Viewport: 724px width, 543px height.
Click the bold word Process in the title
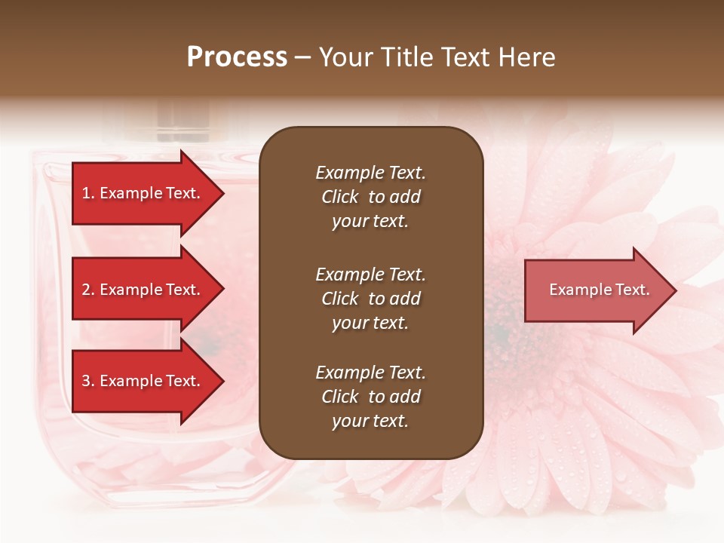pyautogui.click(x=237, y=57)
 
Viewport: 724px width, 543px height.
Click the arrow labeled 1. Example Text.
pyautogui.click(x=143, y=193)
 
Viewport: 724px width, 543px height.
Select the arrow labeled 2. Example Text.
pyautogui.click(x=143, y=290)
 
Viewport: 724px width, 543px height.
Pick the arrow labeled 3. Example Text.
pyautogui.click(x=143, y=381)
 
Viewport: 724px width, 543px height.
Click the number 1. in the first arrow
pyautogui.click(x=88, y=193)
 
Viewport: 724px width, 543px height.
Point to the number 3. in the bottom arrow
pyautogui.click(x=88, y=381)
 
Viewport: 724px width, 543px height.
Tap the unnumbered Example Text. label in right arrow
pyautogui.click(x=600, y=290)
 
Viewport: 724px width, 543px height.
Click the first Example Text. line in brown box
pyautogui.click(x=370, y=173)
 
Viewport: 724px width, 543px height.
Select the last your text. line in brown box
pyautogui.click(x=370, y=422)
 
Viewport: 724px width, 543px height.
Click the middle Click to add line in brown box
pyautogui.click(x=370, y=299)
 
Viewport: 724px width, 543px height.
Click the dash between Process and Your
pyautogui.click(x=302, y=58)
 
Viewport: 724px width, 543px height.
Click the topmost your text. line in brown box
pyautogui.click(x=370, y=222)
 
